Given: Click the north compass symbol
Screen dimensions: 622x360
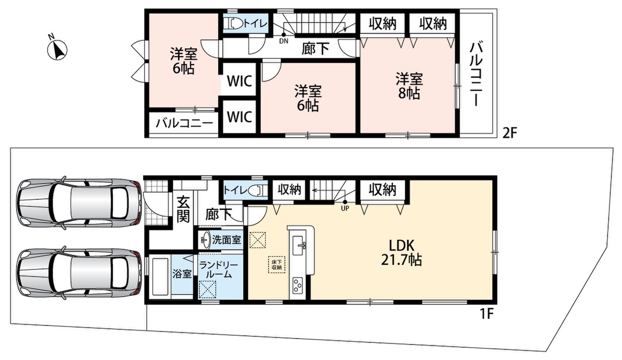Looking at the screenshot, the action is point(57,50).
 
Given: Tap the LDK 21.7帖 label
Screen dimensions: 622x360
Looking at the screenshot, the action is point(401,253).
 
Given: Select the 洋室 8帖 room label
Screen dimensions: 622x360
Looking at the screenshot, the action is point(409,86).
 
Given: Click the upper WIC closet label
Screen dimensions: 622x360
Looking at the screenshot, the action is point(239,81).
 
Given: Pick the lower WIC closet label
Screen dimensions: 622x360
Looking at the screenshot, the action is point(239,117).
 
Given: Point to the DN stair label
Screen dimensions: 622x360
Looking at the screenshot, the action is point(284,41).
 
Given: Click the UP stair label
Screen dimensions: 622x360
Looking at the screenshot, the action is point(345,208).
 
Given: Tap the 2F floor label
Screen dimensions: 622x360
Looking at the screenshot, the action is point(510,134).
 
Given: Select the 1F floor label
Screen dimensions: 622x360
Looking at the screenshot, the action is point(486,314).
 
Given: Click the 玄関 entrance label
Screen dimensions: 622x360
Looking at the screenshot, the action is point(183,209).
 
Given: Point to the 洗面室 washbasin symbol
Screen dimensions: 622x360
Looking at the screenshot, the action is point(205,239).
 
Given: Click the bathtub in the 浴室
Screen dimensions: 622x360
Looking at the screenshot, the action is point(160,277).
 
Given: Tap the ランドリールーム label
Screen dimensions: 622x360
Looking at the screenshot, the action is point(219,270).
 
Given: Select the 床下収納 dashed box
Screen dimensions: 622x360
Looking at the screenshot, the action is point(277,265).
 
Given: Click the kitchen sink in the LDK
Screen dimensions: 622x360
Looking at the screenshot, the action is point(299,246).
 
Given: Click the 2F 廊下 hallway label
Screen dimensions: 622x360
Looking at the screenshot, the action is point(316,49).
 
